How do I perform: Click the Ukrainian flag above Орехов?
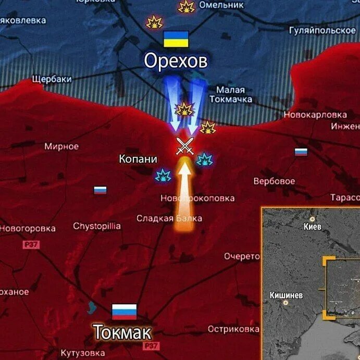point(176,39)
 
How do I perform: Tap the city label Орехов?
point(176,61)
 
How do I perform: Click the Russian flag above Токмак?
point(125,312)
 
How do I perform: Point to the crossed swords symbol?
point(184,146)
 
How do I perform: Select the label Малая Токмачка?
point(234,94)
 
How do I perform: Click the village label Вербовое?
point(274,181)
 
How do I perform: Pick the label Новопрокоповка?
point(197,198)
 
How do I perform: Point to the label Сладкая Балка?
point(169,218)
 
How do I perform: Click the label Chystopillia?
point(97,226)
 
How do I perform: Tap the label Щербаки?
point(52,79)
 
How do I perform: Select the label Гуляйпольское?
point(322,30)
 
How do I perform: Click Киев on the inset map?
point(313,227)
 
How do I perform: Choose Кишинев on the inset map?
point(286,295)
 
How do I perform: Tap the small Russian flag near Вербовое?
point(301,152)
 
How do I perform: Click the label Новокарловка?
point(315,115)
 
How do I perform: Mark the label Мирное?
point(61,146)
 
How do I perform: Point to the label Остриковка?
point(233,329)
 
